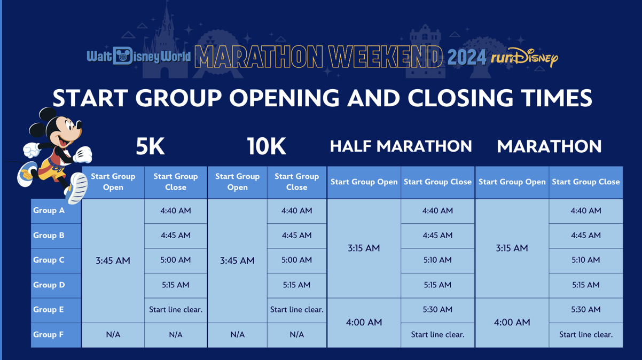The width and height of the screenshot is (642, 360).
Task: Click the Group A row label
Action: [x=49, y=210]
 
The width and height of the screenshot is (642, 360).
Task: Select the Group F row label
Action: [x=49, y=334]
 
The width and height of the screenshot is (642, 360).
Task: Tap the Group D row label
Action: [x=49, y=285]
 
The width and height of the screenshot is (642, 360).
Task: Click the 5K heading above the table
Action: [x=150, y=146]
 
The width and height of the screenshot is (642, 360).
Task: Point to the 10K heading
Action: [x=267, y=146]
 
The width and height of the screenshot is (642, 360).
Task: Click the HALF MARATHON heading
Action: [x=401, y=146]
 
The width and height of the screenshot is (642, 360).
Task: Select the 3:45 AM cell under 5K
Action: [x=113, y=261]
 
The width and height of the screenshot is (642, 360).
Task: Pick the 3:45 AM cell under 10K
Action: [x=237, y=261]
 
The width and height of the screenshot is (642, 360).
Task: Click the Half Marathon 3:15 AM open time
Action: [x=364, y=248]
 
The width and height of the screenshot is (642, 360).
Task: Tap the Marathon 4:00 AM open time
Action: [x=512, y=322]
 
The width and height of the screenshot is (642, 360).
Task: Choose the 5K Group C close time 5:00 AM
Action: [x=176, y=260]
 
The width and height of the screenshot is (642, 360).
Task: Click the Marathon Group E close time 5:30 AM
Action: [x=586, y=310]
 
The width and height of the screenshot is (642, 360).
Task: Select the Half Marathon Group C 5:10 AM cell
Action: [x=437, y=260]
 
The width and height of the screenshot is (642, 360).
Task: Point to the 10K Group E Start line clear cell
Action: [x=296, y=310]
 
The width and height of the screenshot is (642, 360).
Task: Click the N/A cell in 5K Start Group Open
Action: [x=113, y=334]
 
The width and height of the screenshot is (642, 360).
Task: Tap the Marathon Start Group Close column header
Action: [x=586, y=182]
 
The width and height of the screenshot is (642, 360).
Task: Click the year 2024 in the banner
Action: [x=467, y=57]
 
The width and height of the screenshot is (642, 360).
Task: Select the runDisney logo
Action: [x=524, y=58]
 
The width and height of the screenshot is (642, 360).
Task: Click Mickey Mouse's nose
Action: [x=79, y=125]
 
